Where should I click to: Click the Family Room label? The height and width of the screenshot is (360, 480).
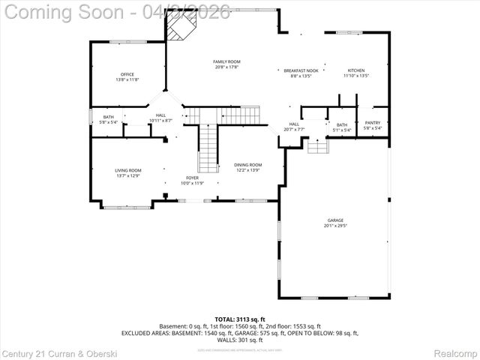[226, 64]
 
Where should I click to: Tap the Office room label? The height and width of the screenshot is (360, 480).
[127, 76]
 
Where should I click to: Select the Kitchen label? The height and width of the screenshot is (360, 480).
[356, 73]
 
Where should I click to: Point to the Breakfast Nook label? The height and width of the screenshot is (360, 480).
[301, 73]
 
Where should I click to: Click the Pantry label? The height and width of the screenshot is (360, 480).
[373, 125]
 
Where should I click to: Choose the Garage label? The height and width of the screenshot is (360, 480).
[335, 223]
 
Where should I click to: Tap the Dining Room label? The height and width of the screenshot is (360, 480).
[247, 167]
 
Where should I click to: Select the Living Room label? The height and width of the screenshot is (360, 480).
[127, 172]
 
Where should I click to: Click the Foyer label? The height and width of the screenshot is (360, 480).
[192, 180]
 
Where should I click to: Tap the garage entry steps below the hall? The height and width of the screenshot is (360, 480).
[318, 145]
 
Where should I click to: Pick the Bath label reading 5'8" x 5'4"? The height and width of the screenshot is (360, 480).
[109, 119]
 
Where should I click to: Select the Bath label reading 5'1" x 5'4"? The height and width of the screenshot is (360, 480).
[342, 127]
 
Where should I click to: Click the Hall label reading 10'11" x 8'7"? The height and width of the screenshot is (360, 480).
[160, 118]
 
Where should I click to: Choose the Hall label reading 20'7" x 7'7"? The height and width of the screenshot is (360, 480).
[294, 127]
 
